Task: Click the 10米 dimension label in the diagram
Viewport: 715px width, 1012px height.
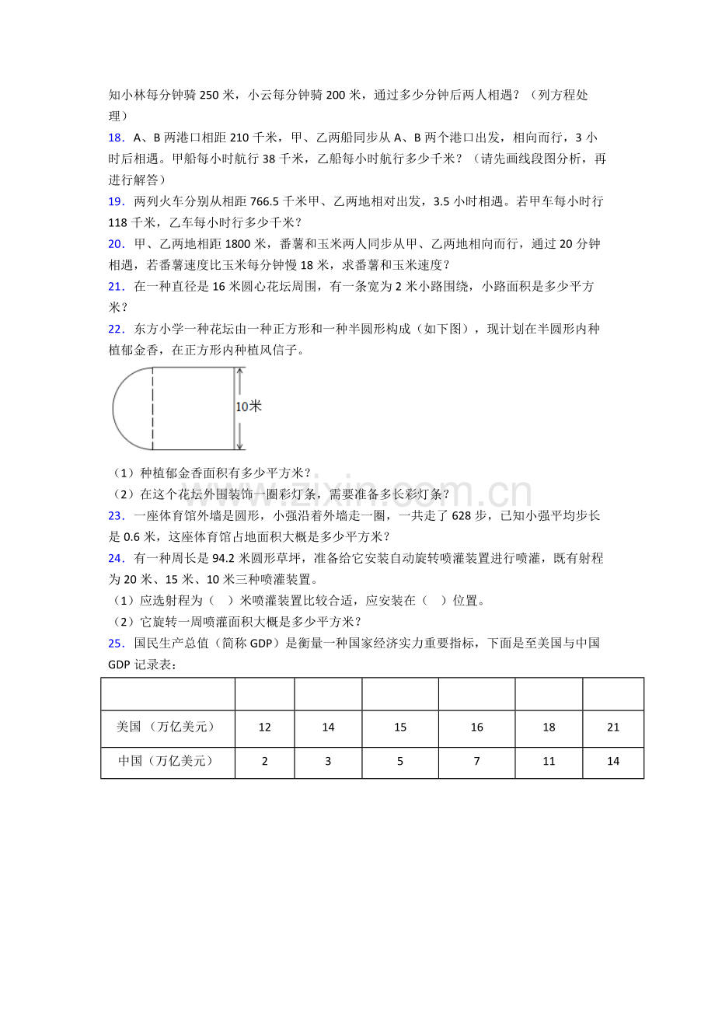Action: coord(249,407)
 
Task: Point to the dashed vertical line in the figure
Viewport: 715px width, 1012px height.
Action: coord(152,408)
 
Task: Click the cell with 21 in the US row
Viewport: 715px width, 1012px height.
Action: coord(613,728)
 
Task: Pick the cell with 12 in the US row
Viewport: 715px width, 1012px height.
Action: coord(264,728)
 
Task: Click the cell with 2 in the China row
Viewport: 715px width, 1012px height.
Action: coord(264,762)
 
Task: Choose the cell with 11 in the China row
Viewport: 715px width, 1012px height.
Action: coord(549,762)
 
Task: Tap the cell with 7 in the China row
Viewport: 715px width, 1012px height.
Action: coord(476,762)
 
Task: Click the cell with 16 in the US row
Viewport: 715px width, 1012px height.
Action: coord(476,728)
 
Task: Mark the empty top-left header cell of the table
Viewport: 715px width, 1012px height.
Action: coord(167,694)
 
